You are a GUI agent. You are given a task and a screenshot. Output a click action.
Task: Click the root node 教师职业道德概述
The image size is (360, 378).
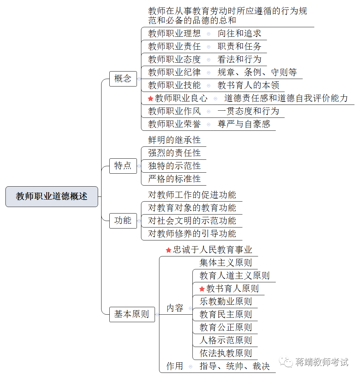click(x=52, y=196)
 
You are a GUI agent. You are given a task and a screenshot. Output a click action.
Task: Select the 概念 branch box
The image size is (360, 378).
click(x=123, y=79)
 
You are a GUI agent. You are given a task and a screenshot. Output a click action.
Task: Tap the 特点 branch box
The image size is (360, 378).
click(x=123, y=166)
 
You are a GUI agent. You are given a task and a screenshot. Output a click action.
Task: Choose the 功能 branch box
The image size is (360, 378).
click(x=123, y=220)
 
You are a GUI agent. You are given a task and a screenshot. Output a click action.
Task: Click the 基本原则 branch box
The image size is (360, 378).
click(x=132, y=314)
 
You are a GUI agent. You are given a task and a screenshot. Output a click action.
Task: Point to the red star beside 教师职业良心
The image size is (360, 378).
click(x=151, y=98)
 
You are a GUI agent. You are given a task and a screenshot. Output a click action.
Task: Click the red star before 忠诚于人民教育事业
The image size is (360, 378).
click(x=168, y=250)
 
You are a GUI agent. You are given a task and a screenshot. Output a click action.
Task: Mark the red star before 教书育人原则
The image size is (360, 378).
click(x=202, y=289)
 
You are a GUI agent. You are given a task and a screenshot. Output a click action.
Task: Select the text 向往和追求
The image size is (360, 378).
click(x=239, y=33)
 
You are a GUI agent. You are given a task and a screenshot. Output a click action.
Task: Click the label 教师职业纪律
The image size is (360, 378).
click(x=174, y=72)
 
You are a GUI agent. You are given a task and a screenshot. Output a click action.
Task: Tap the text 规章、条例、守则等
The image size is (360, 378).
click(x=257, y=72)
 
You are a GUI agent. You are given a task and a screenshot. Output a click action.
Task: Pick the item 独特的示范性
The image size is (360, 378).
click(x=174, y=166)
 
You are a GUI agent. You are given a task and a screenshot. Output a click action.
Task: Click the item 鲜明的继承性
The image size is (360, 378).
click(x=174, y=140)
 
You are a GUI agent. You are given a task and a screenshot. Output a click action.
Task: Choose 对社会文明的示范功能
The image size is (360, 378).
click(x=192, y=221)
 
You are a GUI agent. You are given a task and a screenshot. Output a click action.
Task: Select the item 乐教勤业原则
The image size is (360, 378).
click(x=225, y=301)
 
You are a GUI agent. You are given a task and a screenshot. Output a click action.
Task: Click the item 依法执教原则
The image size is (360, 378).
click(x=225, y=353)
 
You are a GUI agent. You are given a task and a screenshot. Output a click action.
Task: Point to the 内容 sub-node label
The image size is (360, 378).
click(x=175, y=308)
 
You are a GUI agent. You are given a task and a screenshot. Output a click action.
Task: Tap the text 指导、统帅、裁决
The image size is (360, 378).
click(x=235, y=366)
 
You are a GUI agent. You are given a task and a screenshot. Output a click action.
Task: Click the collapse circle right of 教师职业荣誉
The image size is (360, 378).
click(x=209, y=124)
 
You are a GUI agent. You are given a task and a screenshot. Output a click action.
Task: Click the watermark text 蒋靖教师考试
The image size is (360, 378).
click(x=322, y=362)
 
